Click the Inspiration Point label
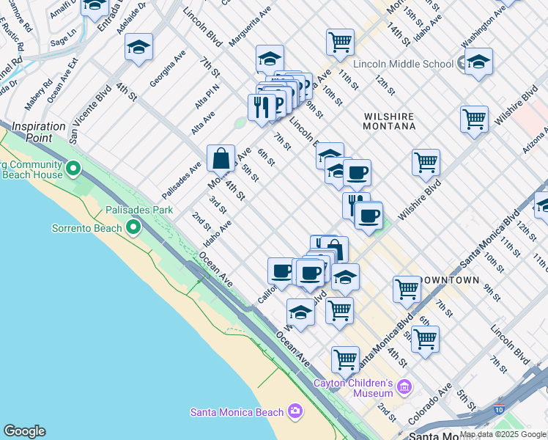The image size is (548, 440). (40, 132)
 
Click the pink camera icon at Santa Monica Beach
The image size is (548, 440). (295, 411)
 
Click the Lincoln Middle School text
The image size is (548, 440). (403, 64)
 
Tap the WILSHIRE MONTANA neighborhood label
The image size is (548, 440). (389, 121)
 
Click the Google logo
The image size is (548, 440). (24, 431)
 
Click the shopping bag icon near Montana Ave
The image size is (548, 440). (221, 158)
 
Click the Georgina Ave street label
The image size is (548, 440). (169, 70)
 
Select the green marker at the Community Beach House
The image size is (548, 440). (73, 169)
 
